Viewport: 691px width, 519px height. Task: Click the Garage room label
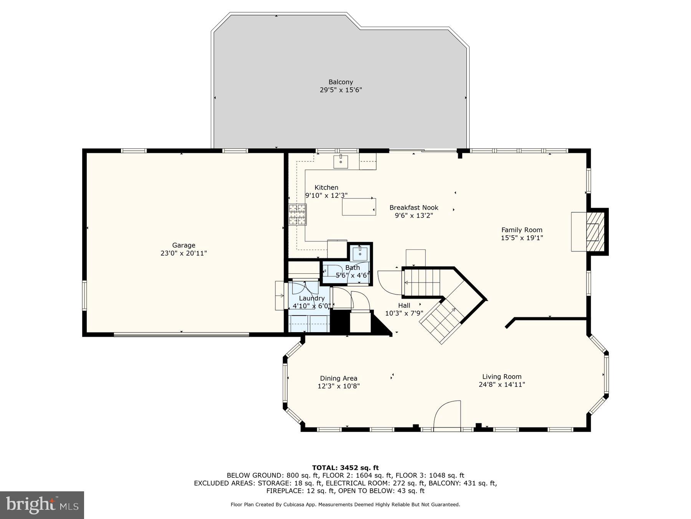coord(183,245)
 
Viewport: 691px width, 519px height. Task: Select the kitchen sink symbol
coord(341,161)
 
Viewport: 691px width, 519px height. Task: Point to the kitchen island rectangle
coord(359,207)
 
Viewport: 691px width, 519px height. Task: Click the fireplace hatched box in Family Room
coord(595,231)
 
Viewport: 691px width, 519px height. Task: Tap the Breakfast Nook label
coord(414,208)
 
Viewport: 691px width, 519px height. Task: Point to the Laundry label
coord(312,298)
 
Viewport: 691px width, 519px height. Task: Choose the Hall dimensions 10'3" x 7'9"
coord(404,313)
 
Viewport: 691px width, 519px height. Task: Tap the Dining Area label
coord(339,378)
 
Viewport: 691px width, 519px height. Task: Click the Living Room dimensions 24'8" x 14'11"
coord(502,384)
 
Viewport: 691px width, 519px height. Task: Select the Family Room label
coord(522,230)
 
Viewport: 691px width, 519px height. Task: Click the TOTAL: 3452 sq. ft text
coord(345,468)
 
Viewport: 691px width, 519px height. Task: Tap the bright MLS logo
coord(42,505)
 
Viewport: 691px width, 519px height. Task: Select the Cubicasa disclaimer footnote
coord(345,504)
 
